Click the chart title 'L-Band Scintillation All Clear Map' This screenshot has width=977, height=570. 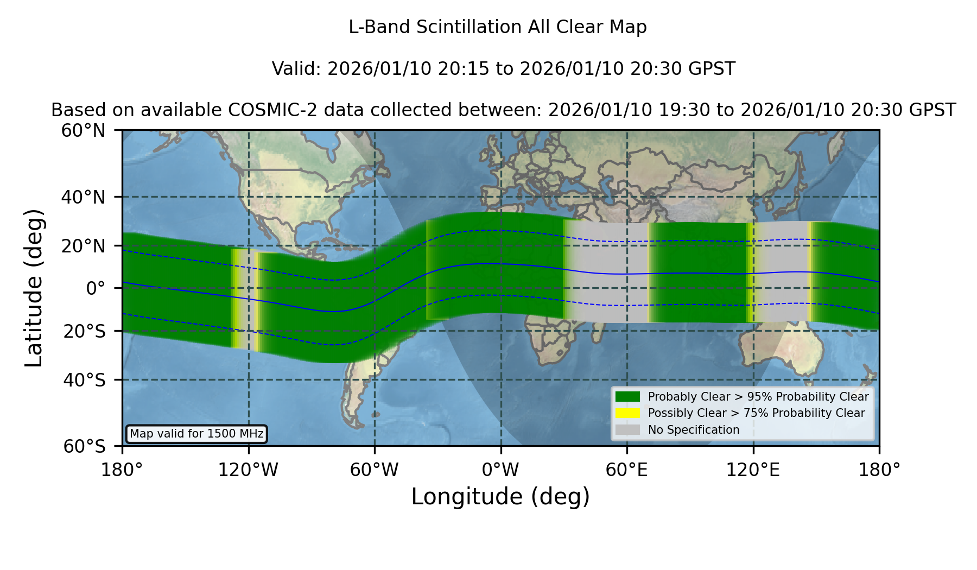pyautogui.click(x=497, y=27)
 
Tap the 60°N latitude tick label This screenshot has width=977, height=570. pyautogui.click(x=84, y=131)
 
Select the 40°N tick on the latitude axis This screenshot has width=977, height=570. pyautogui.click(x=84, y=197)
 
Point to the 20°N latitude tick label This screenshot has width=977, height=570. pyautogui.click(x=84, y=246)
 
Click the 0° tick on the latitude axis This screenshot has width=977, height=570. pyautogui.click(x=96, y=288)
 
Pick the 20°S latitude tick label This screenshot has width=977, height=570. pyautogui.click(x=85, y=331)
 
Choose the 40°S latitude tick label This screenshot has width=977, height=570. pyautogui.click(x=85, y=380)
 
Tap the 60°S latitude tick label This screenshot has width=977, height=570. pyautogui.click(x=85, y=446)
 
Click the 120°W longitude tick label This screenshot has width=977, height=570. pyautogui.click(x=248, y=470)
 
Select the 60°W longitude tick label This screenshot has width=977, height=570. pyautogui.click(x=375, y=470)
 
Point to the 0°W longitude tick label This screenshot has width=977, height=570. pyautogui.click(x=500, y=470)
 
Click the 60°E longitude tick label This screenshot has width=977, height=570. pyautogui.click(x=627, y=470)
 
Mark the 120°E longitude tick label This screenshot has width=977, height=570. pyautogui.click(x=753, y=470)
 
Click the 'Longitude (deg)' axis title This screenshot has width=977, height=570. pyautogui.click(x=500, y=497)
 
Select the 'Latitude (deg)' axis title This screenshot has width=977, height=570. pyautogui.click(x=34, y=288)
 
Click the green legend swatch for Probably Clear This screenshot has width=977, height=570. pyautogui.click(x=627, y=397)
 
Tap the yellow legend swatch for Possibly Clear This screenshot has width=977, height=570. pyautogui.click(x=627, y=413)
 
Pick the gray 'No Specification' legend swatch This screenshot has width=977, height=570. pyautogui.click(x=627, y=430)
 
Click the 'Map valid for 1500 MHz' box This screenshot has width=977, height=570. pyautogui.click(x=196, y=434)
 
